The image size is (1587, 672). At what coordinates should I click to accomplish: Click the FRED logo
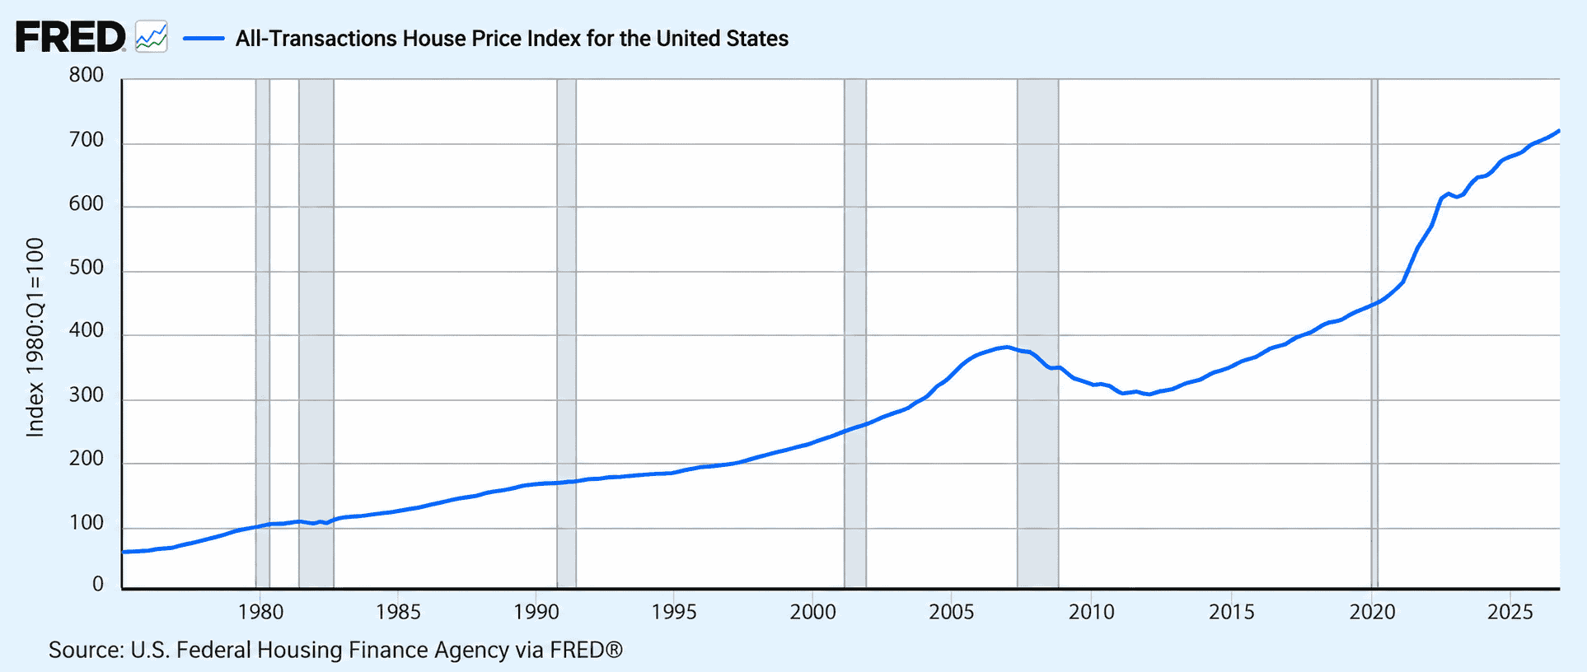pos(71,37)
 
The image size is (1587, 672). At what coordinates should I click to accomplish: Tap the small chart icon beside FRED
pos(152,37)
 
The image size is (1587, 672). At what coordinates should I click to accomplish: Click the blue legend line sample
pos(204,38)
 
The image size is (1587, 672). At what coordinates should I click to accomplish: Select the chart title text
pos(512,39)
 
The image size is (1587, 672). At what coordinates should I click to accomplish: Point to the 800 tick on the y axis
pos(87,75)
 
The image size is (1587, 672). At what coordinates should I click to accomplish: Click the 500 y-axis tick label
pos(87,268)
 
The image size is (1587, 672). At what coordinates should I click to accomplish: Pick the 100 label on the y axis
pos(87,523)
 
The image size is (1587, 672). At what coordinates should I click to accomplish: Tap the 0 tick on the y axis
pos(98,584)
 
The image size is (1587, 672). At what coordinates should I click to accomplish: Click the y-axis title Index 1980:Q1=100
pos(35,337)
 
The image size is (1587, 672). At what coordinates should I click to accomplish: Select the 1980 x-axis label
pos(260,612)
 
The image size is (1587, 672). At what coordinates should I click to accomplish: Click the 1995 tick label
pos(674,612)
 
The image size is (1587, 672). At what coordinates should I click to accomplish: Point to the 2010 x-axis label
pos(1092,612)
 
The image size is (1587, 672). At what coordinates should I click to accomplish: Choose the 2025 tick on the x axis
pos(1510,612)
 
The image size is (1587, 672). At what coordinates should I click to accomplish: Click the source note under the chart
pos(335,650)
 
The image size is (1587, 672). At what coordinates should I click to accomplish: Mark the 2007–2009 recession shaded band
pos(1037,334)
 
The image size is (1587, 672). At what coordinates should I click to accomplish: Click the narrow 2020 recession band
pos(1374,334)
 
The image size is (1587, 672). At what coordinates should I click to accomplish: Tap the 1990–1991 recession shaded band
pos(566,334)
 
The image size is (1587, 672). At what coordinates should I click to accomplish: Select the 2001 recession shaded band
pos(855,334)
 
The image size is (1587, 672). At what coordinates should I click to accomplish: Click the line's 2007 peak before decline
pos(1006,347)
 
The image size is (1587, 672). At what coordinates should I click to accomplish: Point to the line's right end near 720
pos(1558,131)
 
